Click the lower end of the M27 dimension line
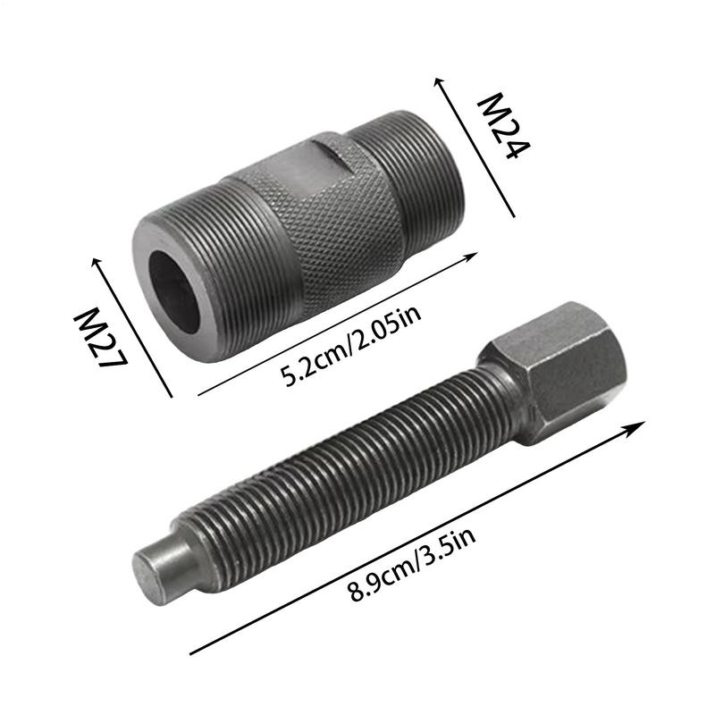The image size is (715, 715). pyautogui.click(x=171, y=396)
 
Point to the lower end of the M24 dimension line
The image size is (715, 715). pyautogui.click(x=515, y=215)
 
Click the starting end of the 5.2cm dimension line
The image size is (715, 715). pyautogui.click(x=198, y=394)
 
